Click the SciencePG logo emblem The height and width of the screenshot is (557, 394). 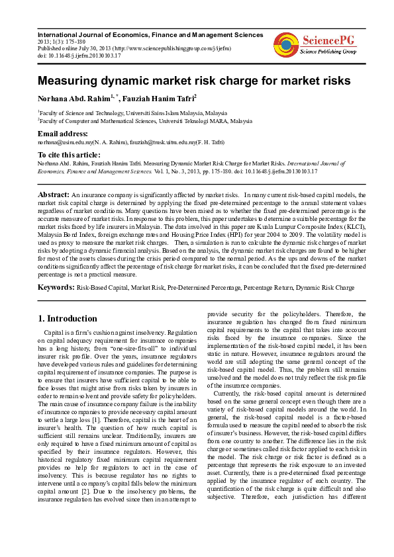coord(285,44)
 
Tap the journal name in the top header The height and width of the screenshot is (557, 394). coord(150,34)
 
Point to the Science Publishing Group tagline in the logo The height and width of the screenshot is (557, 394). coord(328,51)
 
